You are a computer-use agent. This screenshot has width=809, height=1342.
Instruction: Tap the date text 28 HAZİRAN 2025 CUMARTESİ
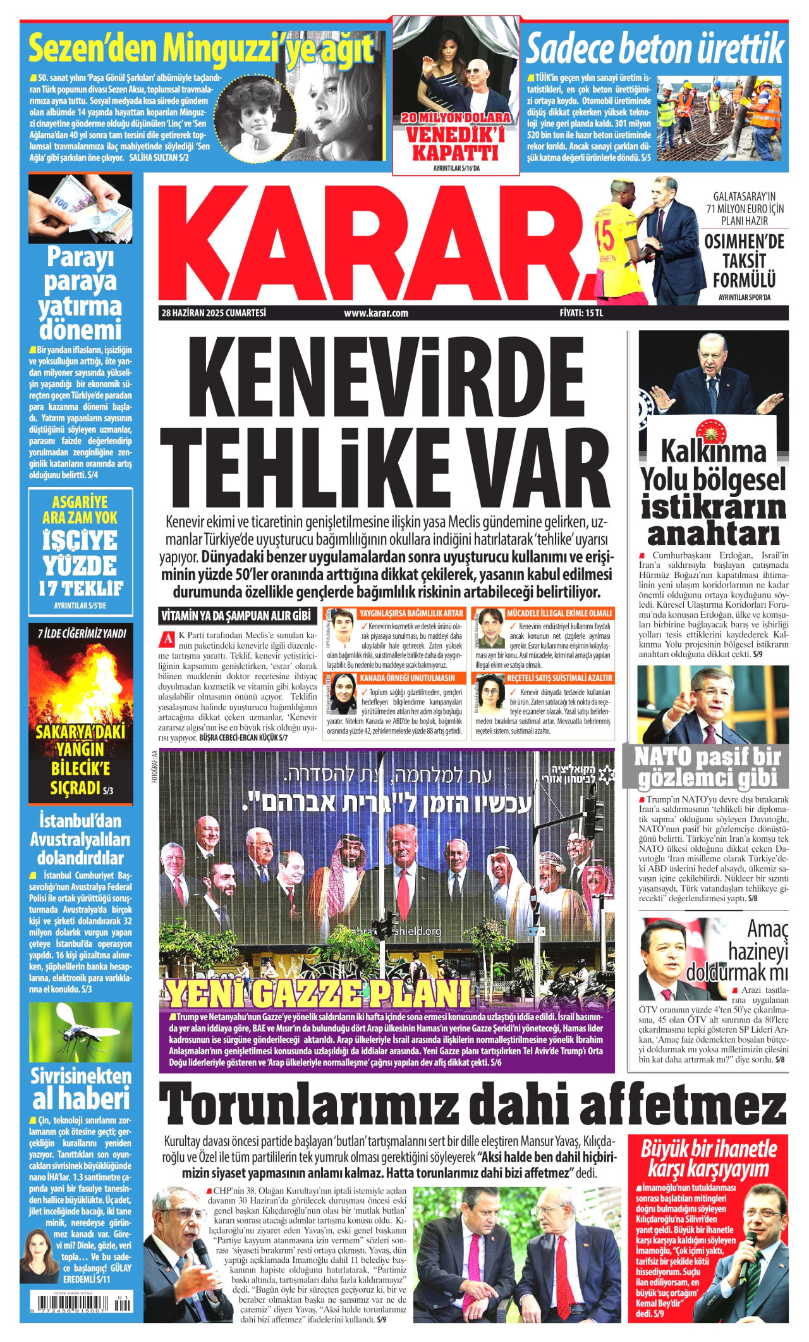click(214, 312)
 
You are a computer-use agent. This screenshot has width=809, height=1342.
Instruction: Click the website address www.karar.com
click(376, 312)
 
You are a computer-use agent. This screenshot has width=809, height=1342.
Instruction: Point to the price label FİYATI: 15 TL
click(581, 312)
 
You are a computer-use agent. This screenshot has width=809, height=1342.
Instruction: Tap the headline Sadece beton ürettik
click(655, 50)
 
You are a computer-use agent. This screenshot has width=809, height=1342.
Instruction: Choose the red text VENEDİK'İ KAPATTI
click(455, 144)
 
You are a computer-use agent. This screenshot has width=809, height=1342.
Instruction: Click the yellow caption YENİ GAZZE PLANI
click(319, 994)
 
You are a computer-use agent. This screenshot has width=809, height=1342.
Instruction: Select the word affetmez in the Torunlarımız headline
click(683, 1104)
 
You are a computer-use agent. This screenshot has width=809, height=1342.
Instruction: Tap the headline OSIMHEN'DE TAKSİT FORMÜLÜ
click(744, 261)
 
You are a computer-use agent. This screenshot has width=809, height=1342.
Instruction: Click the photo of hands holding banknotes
click(80, 209)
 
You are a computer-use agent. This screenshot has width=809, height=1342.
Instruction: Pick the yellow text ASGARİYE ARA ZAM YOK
click(80, 510)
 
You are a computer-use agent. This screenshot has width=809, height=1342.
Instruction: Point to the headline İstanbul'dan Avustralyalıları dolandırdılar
click(80, 839)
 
